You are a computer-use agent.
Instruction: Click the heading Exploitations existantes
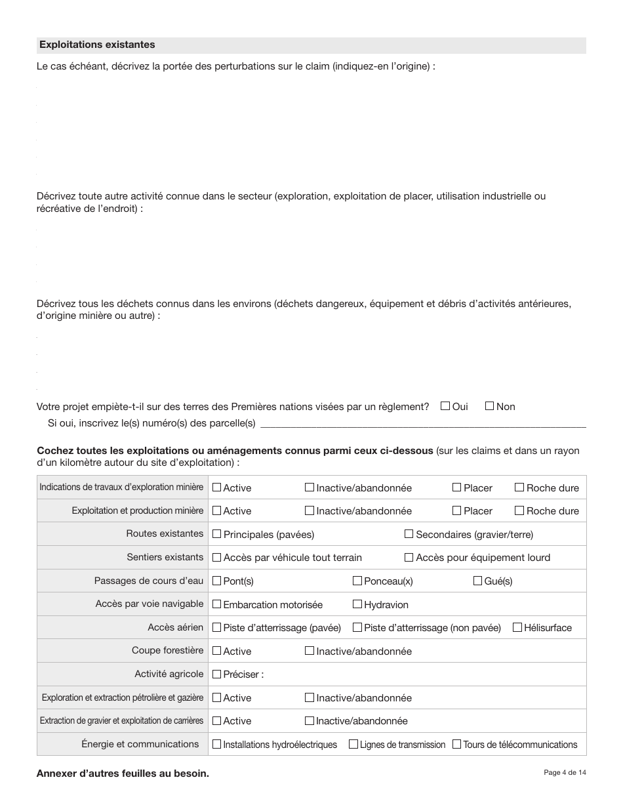point(97,45)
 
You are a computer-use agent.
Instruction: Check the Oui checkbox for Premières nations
point(445,406)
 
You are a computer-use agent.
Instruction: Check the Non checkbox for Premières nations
point(489,406)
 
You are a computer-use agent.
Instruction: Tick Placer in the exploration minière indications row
point(456,487)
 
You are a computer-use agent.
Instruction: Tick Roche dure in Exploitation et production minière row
point(519,510)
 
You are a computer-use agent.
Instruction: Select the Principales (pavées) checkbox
point(216,534)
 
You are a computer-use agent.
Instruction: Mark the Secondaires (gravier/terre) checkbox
point(409,534)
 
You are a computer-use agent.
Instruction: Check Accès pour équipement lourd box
point(409,557)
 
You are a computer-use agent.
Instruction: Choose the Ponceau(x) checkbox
point(357,581)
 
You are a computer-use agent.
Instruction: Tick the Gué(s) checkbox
point(477,581)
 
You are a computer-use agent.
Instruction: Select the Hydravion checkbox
point(357,604)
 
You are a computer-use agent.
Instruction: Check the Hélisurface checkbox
point(517,627)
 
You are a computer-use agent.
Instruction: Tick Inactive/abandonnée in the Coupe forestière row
point(310,651)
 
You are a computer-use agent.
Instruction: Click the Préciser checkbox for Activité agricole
point(216,674)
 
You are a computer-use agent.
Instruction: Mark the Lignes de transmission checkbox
point(353,744)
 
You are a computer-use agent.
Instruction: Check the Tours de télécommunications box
point(456,744)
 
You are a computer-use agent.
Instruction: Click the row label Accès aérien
point(175,627)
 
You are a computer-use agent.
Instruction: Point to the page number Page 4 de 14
point(565,773)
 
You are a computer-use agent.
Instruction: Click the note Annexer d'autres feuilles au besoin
point(123,774)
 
